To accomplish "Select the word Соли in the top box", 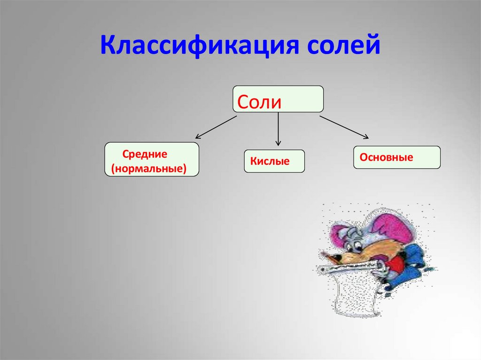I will click(259, 101).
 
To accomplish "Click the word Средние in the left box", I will click(145, 154).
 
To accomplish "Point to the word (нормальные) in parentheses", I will click(148, 168).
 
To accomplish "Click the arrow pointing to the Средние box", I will click(216, 127).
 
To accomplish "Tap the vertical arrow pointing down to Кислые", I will click(278, 129).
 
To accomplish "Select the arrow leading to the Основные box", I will click(344, 127).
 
